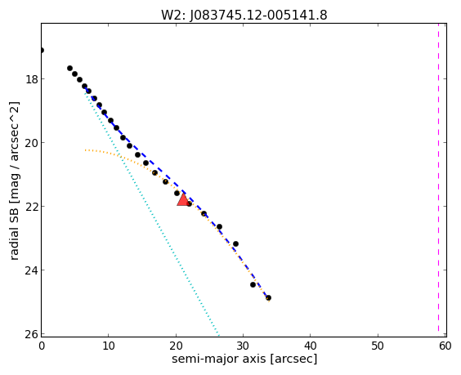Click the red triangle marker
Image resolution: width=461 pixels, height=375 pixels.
tap(183, 200)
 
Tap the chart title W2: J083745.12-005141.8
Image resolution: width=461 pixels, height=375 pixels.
tap(244, 15)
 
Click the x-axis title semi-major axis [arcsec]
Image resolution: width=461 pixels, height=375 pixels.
tap(244, 359)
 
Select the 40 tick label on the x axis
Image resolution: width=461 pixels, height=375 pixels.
tap(310, 346)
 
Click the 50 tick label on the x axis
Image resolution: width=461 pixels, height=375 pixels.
tap(378, 346)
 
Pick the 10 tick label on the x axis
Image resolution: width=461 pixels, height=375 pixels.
tap(108, 346)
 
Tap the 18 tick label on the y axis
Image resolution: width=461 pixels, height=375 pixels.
tap(31, 79)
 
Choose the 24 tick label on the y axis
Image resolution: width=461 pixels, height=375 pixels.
tap(31, 270)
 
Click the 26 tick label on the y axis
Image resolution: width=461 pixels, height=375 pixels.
tap(31, 334)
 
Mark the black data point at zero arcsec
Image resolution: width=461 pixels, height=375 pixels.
tap(42, 51)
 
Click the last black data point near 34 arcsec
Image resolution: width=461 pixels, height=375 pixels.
tap(268, 297)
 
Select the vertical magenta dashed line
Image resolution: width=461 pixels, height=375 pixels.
tap(438, 179)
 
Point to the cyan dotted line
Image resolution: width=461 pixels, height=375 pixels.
tap(151, 212)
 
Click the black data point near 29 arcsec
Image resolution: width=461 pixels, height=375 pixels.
tap(235, 244)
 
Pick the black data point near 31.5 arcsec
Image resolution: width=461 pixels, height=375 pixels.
tap(253, 284)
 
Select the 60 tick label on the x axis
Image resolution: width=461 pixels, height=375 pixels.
tap(445, 346)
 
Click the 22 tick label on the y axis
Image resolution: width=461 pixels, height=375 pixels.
tap(31, 207)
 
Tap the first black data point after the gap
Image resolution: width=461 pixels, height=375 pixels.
tap(69, 68)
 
